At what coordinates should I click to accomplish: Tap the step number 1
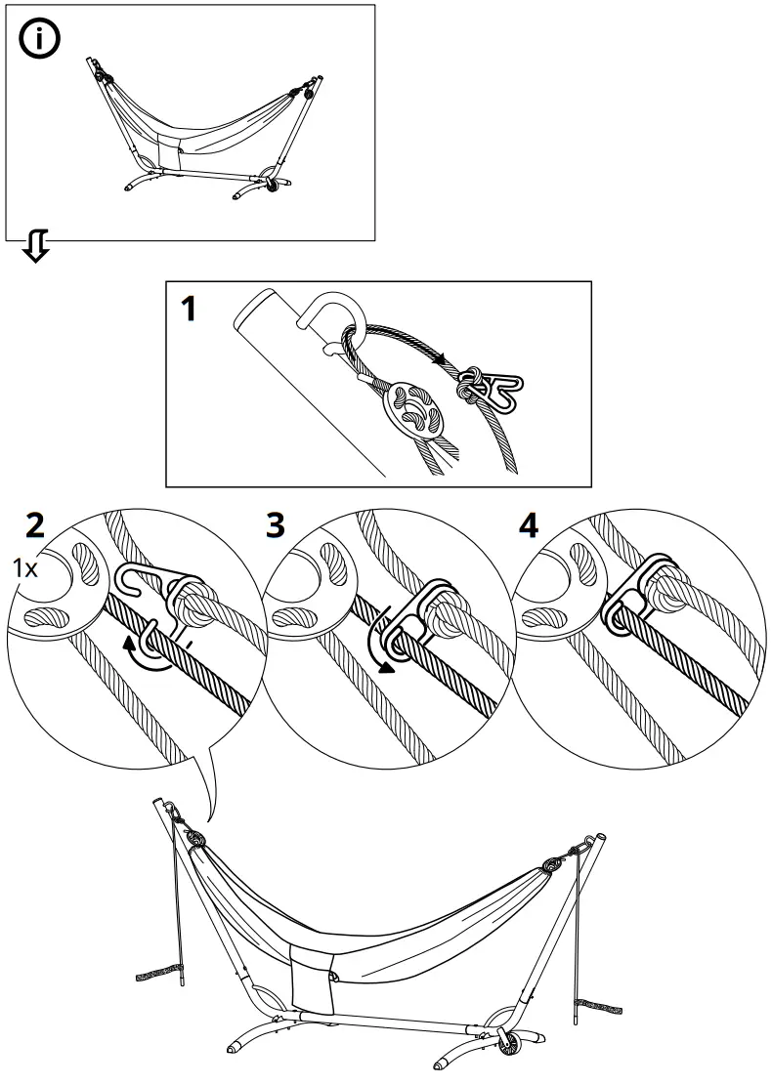click(190, 310)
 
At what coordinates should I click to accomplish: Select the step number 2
click(35, 526)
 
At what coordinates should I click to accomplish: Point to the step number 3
click(277, 526)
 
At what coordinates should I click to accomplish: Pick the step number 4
click(528, 526)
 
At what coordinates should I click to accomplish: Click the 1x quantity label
click(24, 567)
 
